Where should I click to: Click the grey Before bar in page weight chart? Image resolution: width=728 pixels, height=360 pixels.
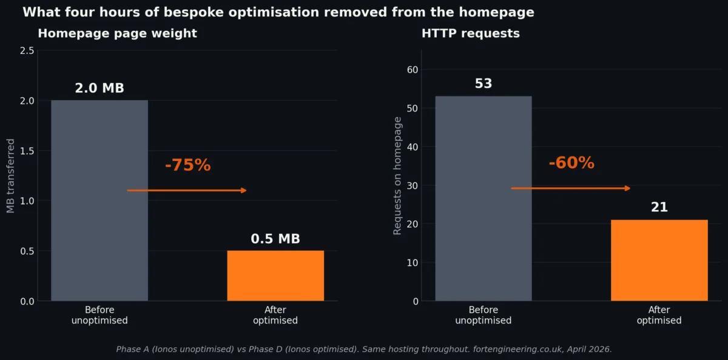(99, 200)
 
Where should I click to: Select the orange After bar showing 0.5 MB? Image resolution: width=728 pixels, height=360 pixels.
(275, 276)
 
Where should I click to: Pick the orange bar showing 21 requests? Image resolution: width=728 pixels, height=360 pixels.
(659, 260)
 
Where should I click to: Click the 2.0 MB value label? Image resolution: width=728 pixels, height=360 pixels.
(99, 89)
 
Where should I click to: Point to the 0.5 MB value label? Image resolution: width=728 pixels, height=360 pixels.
(275, 239)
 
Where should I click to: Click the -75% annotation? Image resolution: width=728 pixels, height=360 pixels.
(187, 165)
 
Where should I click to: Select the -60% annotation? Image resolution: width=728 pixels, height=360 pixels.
(571, 163)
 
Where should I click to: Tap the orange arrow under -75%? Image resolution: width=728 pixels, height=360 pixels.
(187, 191)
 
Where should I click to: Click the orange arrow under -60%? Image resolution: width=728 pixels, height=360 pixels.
(570, 188)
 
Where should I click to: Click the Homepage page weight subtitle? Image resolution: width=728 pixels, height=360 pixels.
(117, 33)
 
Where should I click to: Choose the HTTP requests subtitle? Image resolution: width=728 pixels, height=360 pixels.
(470, 33)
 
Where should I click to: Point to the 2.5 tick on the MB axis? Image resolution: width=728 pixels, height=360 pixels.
(27, 50)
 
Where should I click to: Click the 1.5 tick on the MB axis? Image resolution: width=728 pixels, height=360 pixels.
(27, 151)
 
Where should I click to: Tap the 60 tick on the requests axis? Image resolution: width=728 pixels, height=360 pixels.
(412, 70)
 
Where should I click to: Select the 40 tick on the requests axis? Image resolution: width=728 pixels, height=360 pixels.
(412, 147)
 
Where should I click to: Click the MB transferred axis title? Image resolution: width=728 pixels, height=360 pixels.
(10, 176)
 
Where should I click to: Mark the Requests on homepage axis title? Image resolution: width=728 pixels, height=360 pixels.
(397, 176)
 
